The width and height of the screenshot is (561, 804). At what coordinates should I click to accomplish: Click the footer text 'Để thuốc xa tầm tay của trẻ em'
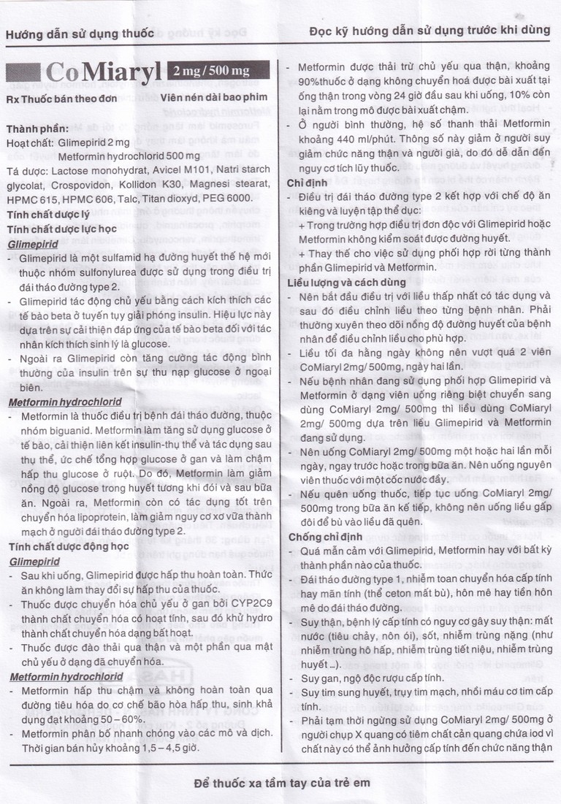click(282, 782)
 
